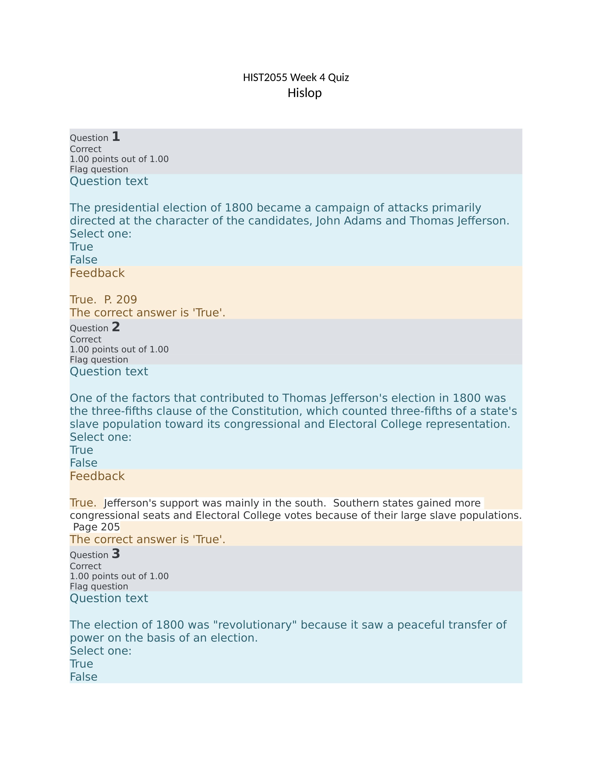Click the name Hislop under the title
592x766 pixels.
(x=304, y=93)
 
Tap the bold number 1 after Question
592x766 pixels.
(x=116, y=136)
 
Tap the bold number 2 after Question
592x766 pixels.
(x=116, y=327)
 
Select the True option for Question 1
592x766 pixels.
(x=81, y=247)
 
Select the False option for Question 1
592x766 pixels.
(x=84, y=260)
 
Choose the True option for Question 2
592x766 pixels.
(x=81, y=450)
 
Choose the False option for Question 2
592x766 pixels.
(x=84, y=463)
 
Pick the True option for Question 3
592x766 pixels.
(x=81, y=664)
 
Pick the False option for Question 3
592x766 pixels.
(x=84, y=677)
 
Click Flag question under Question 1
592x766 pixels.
(x=99, y=169)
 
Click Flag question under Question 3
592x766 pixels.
(x=99, y=586)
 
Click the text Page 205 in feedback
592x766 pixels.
(x=96, y=527)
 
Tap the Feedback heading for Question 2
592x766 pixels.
(x=97, y=476)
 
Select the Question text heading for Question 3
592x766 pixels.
(x=109, y=598)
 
